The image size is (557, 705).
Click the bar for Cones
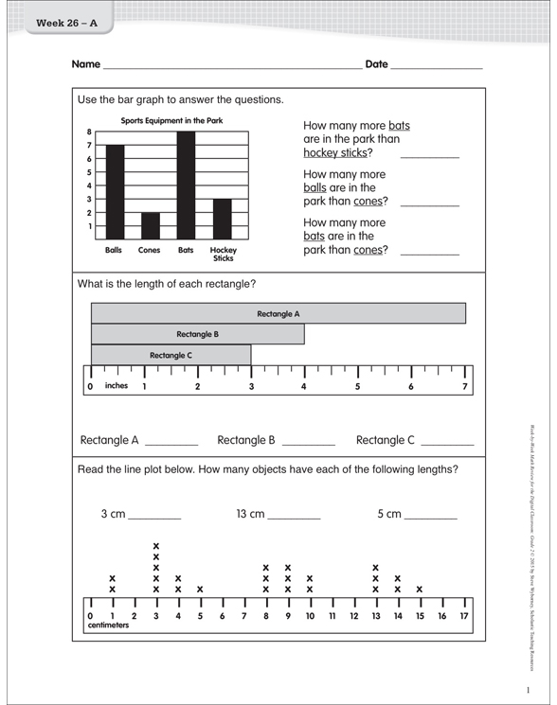click(x=151, y=225)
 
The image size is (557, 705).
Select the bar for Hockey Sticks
click(x=222, y=219)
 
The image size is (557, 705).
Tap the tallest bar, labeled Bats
click(x=186, y=185)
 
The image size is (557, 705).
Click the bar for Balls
click(x=115, y=192)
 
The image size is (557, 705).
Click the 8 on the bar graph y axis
click(x=89, y=132)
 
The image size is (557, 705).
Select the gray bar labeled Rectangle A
click(x=278, y=313)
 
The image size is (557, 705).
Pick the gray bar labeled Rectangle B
click(x=198, y=334)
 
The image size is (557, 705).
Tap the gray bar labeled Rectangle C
click(x=171, y=355)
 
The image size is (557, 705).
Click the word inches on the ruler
click(x=117, y=385)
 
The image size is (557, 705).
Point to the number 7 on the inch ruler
click(x=465, y=386)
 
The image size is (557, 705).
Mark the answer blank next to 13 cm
click(x=294, y=516)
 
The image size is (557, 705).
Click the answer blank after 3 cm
click(x=153, y=516)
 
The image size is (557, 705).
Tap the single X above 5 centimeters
click(x=200, y=589)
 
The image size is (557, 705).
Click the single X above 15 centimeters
click(x=420, y=589)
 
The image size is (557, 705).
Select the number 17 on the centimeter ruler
click(x=464, y=616)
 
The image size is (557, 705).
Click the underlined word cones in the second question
click(x=368, y=201)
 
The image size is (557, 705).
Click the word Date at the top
click(x=376, y=64)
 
